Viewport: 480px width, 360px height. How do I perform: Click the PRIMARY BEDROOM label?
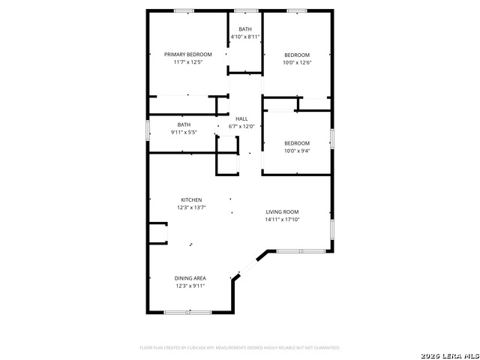point(188,54)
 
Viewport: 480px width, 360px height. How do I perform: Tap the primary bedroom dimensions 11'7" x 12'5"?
point(188,61)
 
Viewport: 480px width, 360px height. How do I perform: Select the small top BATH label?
point(245,29)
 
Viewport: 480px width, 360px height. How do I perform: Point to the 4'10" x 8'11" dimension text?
point(245,36)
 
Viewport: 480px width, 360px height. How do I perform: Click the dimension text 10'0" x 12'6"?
point(296,61)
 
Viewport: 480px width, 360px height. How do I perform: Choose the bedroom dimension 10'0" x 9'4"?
point(296,151)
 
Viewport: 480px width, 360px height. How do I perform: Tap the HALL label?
point(241,118)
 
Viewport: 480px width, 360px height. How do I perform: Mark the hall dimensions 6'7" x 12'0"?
point(241,126)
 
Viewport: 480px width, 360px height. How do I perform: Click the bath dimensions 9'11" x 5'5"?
point(184,132)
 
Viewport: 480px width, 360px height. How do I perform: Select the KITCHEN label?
point(191,199)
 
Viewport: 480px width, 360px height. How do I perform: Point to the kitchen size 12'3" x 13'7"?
point(191,207)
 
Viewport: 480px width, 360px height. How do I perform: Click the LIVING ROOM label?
point(282,212)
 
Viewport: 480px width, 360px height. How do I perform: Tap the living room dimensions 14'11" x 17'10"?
point(282,220)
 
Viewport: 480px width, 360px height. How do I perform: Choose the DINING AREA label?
point(190,278)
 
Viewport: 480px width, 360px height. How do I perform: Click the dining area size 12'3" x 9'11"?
point(190,286)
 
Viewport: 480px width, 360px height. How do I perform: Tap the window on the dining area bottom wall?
point(188,311)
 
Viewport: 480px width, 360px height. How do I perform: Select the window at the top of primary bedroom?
point(184,10)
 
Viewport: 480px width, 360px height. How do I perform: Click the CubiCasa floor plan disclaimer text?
point(240,348)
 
